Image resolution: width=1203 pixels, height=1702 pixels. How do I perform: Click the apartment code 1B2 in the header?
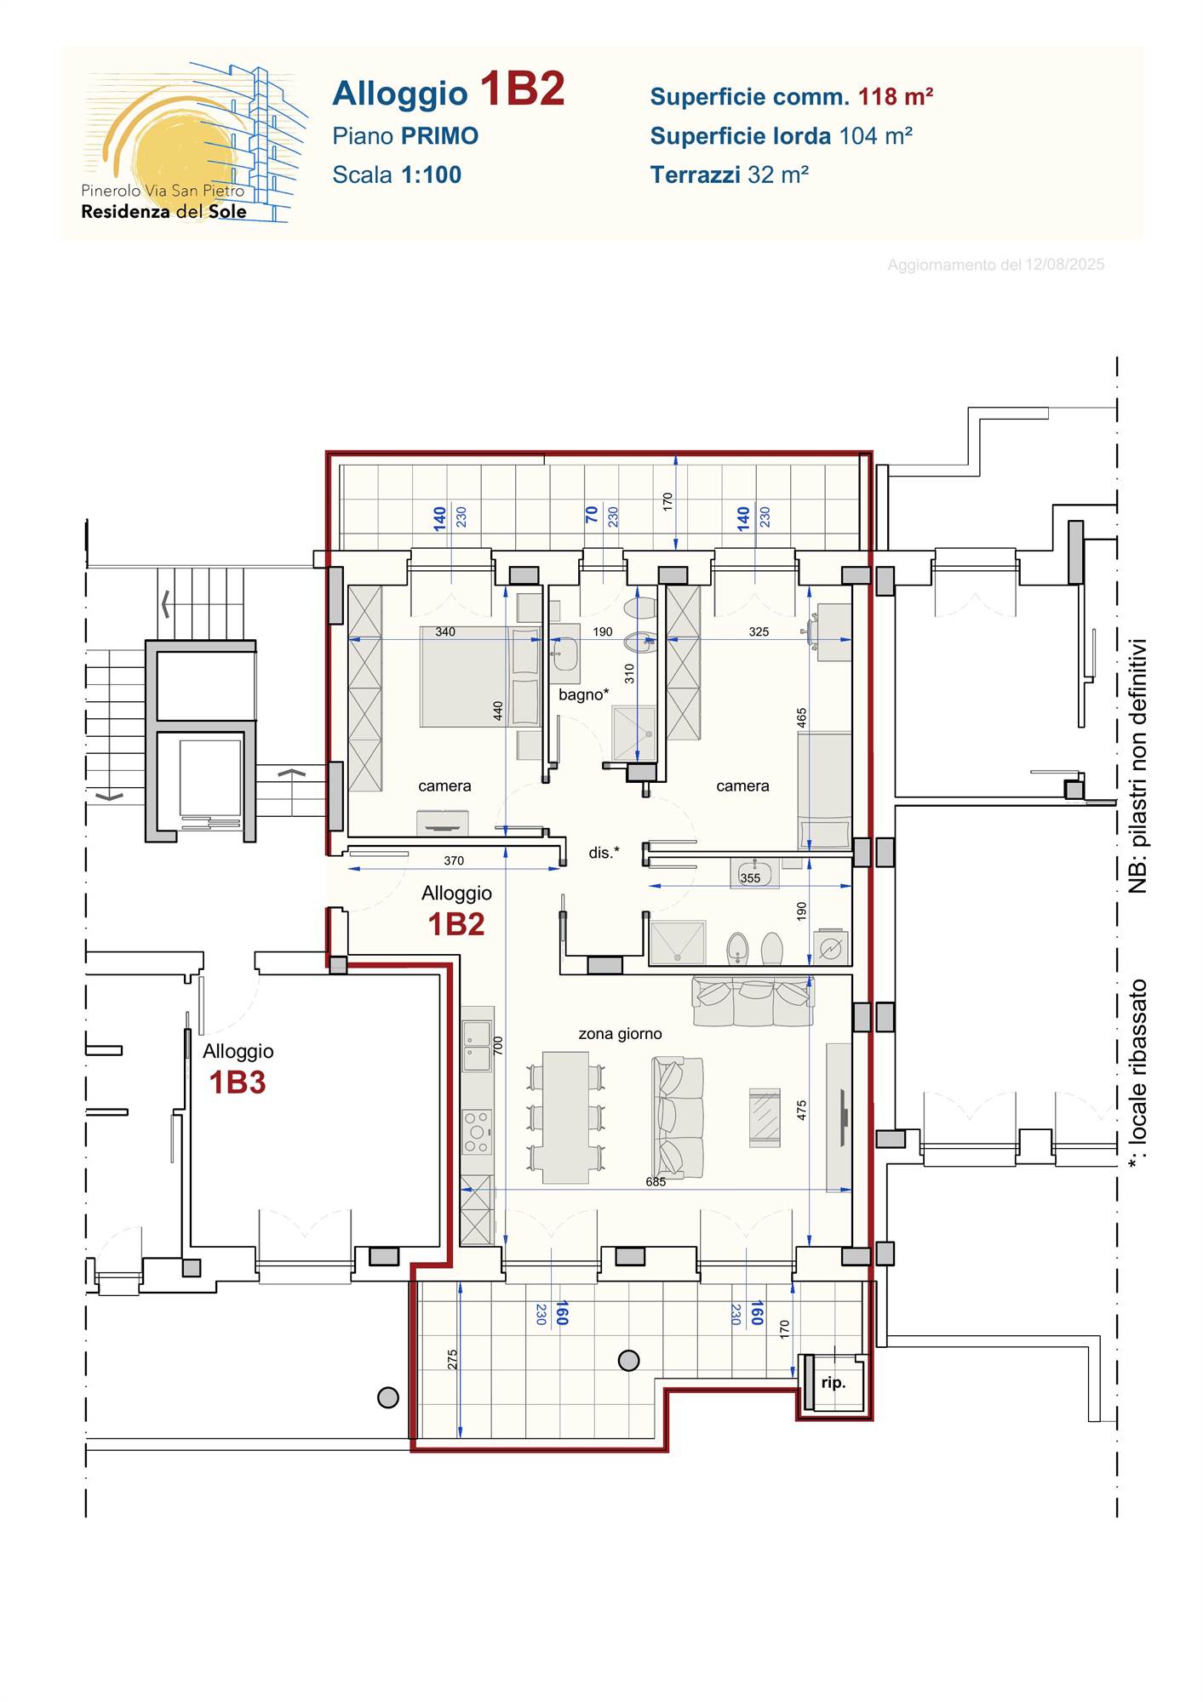522,89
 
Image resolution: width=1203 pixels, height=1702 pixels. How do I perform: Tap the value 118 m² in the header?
896,96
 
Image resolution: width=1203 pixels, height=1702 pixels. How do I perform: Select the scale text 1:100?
431,174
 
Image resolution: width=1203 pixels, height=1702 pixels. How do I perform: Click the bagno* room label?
583,694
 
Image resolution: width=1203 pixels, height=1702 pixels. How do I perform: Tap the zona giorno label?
620,1034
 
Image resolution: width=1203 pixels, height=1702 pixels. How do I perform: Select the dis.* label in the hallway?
604,852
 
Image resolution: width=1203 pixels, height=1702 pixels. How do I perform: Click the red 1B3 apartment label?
238,1082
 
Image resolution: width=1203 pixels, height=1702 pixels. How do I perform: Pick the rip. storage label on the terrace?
834,1383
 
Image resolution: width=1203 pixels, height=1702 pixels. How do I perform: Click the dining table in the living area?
565,1117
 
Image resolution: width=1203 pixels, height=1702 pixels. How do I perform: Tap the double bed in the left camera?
480,677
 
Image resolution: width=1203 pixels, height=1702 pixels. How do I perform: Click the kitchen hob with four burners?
477,1131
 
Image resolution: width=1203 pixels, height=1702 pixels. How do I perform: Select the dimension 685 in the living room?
656,1181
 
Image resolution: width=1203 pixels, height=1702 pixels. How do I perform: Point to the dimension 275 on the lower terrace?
452,1359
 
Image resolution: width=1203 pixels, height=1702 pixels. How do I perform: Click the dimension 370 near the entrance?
454,860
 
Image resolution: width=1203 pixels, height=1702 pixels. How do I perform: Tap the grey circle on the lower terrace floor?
628,1361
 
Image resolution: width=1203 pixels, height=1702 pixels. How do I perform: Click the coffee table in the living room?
765,1117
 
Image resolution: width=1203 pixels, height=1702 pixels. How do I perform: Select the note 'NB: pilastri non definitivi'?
1137,766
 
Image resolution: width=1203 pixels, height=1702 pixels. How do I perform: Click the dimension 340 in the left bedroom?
445,631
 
